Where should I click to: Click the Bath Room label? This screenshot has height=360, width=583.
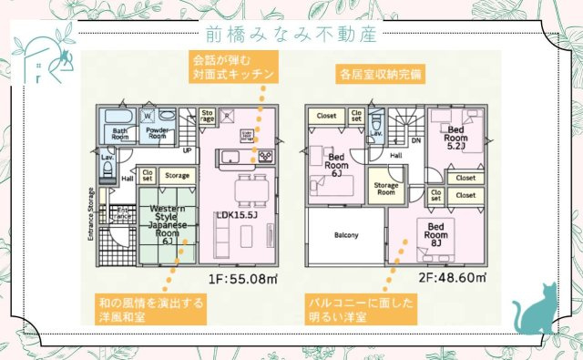tap(120, 132)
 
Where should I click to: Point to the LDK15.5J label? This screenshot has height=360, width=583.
tap(240, 214)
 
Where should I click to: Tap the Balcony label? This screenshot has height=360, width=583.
tap(345, 235)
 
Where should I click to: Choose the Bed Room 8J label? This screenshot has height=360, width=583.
tap(435, 232)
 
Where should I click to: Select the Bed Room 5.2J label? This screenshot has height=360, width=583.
tap(455, 137)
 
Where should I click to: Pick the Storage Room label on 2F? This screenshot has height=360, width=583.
tap(385, 189)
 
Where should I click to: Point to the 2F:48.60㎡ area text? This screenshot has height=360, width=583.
tap(454, 277)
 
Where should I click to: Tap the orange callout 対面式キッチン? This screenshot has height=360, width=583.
tap(232, 66)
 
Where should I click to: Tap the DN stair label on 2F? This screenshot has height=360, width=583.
tap(415, 140)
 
